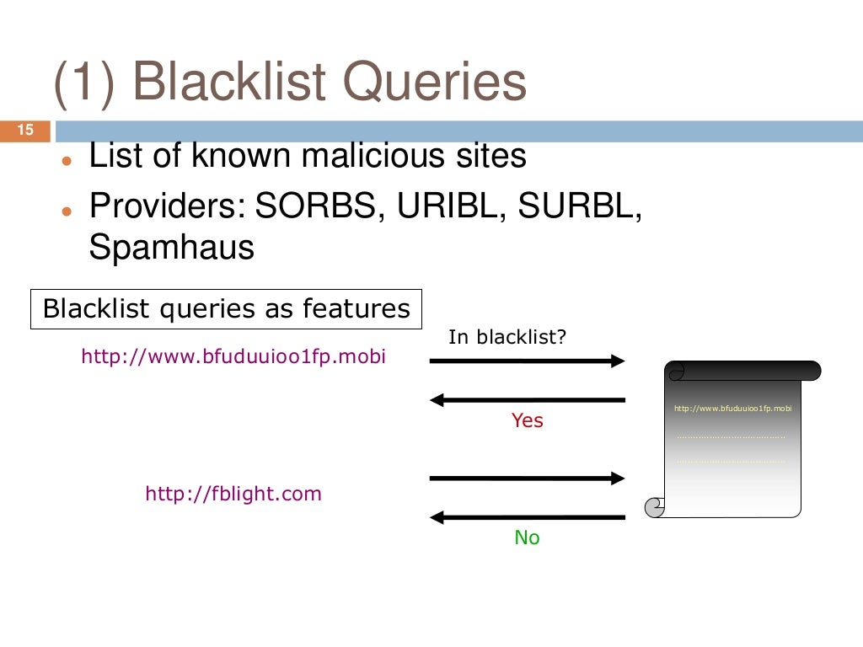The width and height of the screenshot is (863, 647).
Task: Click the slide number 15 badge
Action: coord(24,131)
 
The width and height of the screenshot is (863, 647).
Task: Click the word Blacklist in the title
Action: coord(228,83)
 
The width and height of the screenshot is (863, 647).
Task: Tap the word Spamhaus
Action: coord(171,248)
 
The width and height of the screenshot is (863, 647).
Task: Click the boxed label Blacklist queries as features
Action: coord(226,309)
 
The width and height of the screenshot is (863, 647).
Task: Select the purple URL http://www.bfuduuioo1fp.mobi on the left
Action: coord(233,356)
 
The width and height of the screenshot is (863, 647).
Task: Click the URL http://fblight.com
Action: coord(233,494)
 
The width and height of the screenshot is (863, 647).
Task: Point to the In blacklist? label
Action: coord(507,338)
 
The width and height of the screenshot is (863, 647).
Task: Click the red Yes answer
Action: coord(528,420)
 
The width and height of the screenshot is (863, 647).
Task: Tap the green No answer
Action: coord(527,537)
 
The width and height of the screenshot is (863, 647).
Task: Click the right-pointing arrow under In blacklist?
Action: coord(528,361)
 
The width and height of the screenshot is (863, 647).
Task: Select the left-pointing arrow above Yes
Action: coord(528,399)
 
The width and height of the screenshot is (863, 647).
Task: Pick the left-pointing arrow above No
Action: coord(528,516)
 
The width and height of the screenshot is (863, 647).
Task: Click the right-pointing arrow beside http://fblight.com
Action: coord(528,479)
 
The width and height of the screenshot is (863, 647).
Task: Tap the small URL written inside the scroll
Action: coord(733,409)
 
